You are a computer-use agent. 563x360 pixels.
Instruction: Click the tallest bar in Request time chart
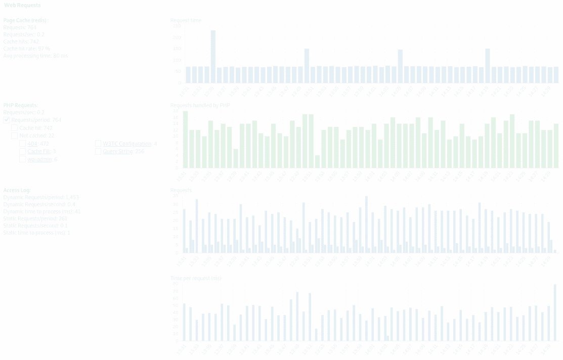coord(213,57)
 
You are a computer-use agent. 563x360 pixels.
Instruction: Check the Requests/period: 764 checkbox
coord(7,120)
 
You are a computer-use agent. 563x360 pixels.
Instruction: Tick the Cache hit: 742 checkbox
coord(15,128)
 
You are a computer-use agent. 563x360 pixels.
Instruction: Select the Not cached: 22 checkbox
coord(15,136)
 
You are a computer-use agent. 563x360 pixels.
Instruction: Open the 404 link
coord(32,144)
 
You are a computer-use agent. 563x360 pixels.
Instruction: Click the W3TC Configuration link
coord(127,144)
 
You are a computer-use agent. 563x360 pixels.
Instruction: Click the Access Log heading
coord(17,190)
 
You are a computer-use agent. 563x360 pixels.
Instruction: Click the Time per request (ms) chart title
coord(196,278)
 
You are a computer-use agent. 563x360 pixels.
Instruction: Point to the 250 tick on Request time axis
coord(177,26)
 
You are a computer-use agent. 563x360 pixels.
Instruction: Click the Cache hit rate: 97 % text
coord(26,49)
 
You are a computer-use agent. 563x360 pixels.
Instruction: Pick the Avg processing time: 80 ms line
coord(35,56)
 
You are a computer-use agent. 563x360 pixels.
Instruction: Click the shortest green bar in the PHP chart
coord(317,161)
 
